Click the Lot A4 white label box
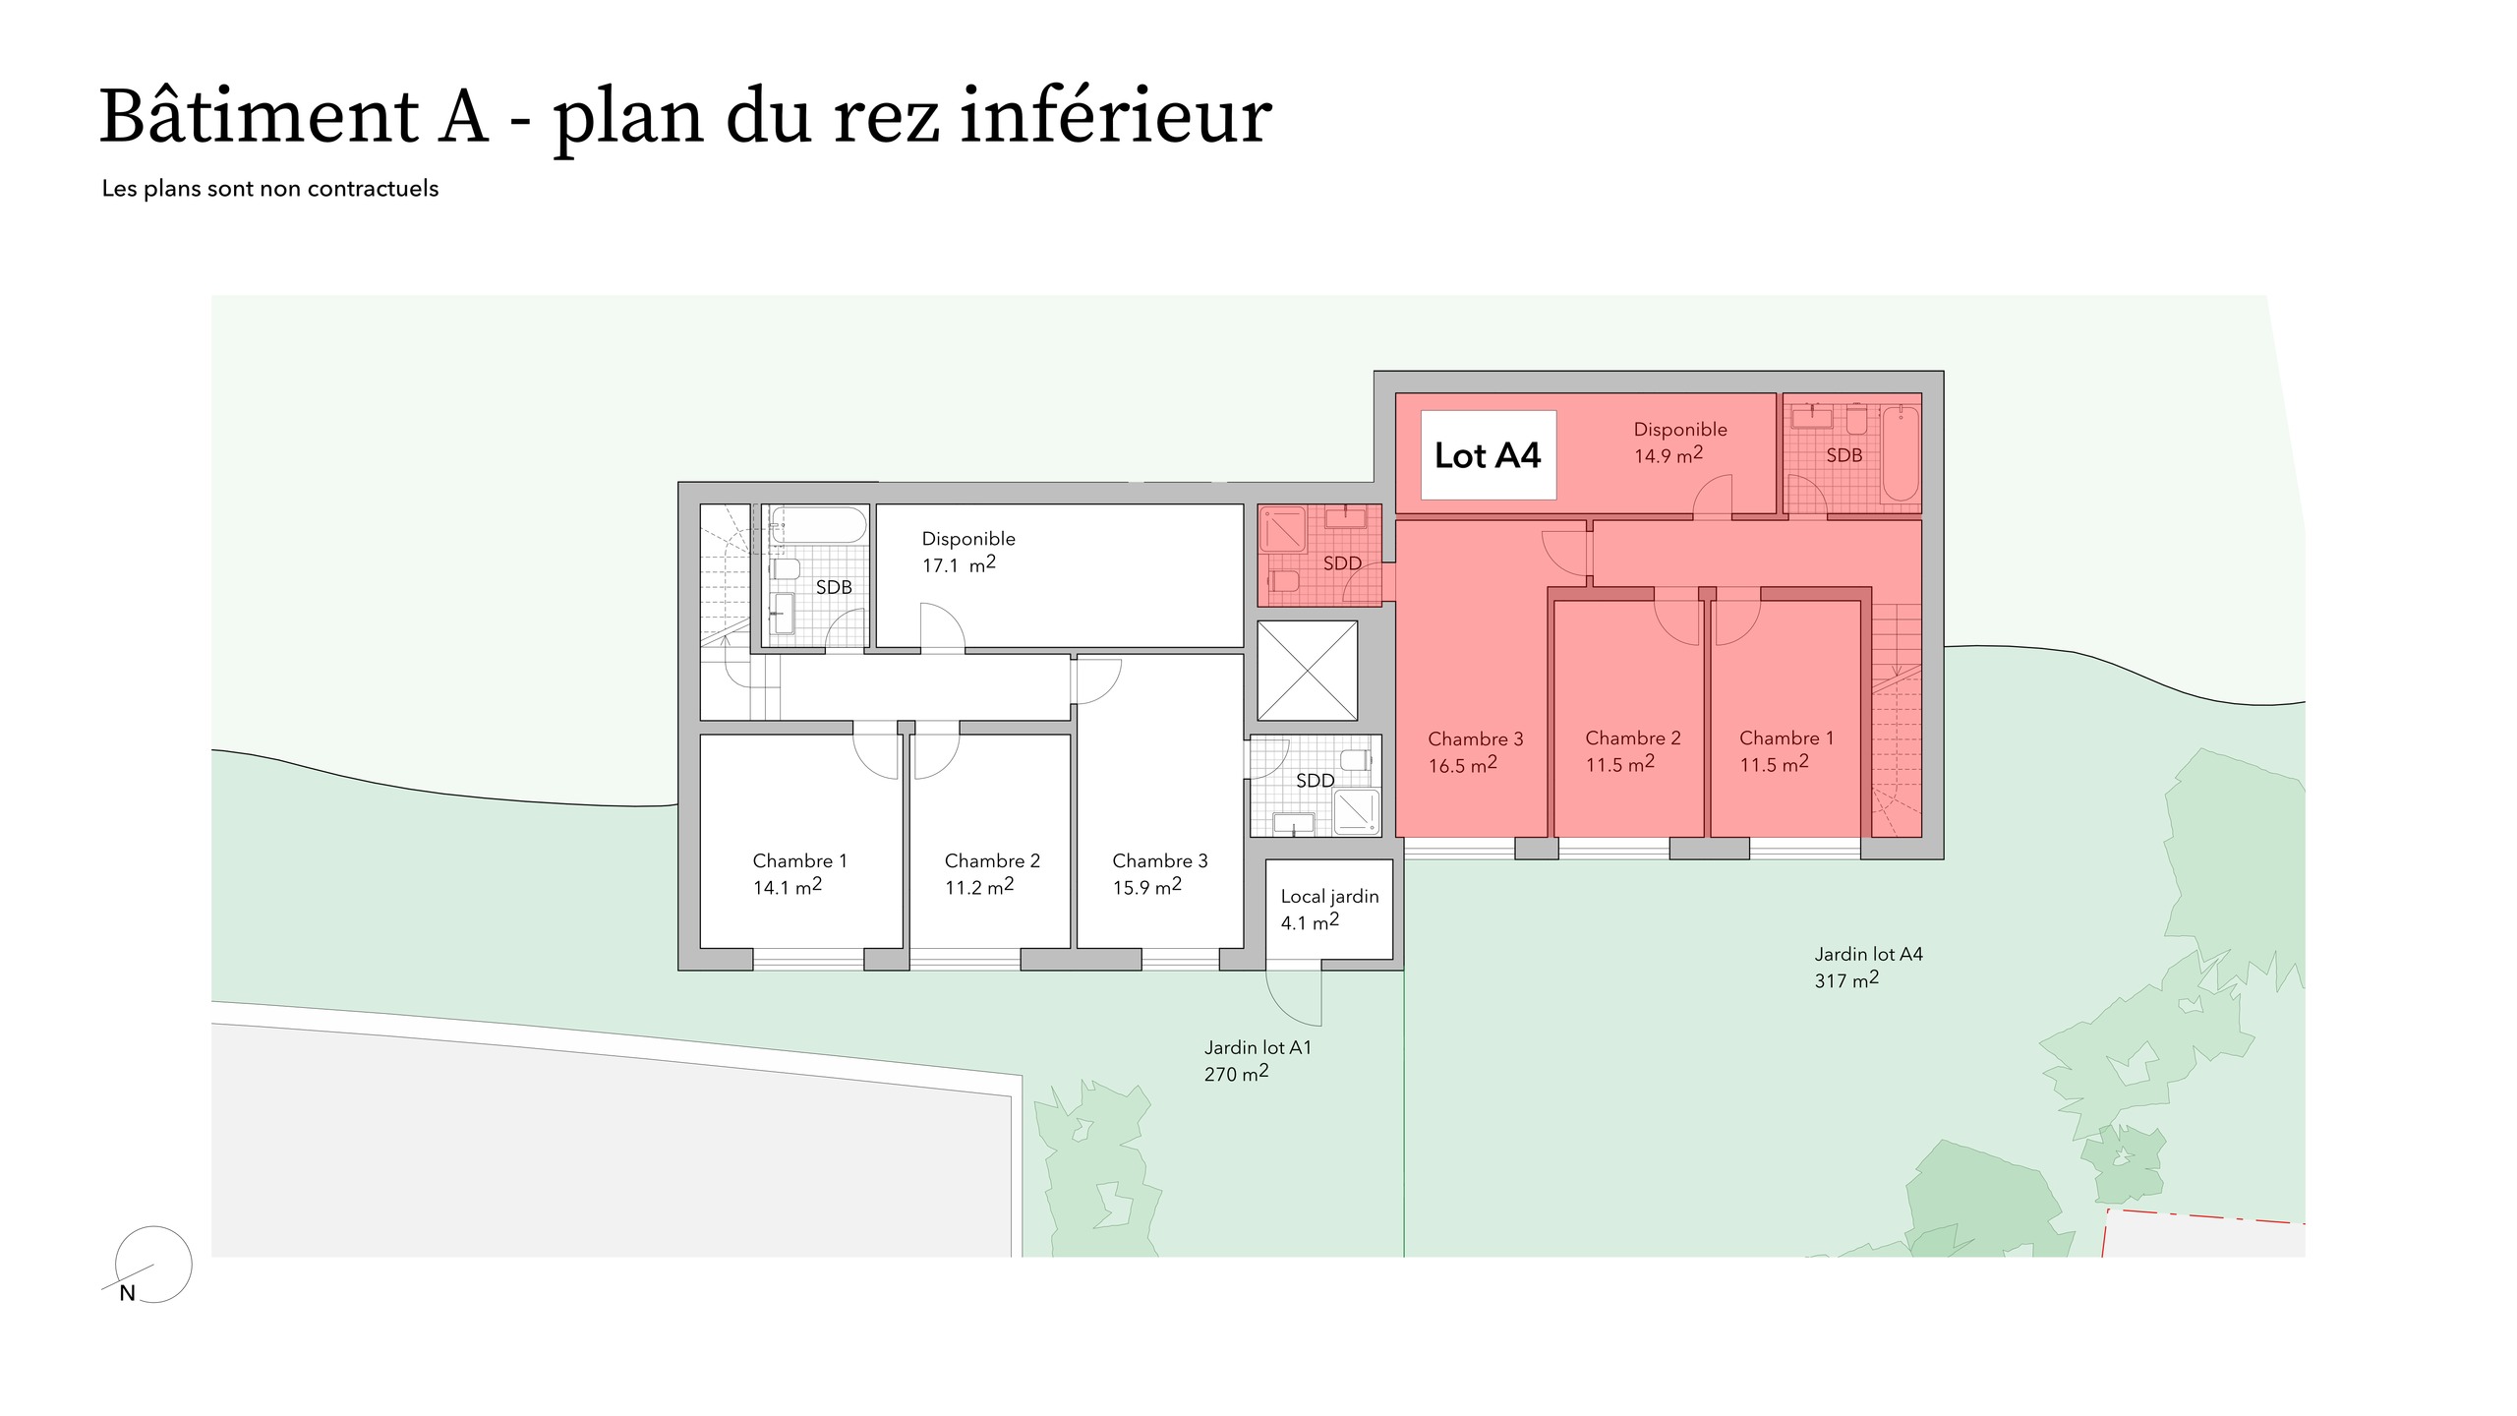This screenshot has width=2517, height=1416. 1488,455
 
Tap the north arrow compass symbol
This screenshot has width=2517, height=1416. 152,1266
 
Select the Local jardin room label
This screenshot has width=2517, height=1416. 1329,897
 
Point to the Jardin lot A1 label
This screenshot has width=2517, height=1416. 1258,1048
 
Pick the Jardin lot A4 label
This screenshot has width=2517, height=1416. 1868,954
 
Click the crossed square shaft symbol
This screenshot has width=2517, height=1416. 1307,670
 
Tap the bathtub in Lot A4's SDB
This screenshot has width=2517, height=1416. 1900,455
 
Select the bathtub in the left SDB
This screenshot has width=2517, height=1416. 818,525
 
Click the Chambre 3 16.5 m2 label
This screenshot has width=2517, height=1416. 1475,751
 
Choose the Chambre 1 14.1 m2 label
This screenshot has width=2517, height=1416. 798,873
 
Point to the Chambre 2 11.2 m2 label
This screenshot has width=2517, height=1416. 991,873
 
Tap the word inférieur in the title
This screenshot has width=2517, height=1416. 1115,117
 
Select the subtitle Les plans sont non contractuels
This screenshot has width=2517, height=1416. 270,189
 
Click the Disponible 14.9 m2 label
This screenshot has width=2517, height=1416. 1679,442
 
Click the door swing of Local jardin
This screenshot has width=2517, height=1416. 1294,995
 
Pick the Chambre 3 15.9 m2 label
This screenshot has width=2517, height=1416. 1159,873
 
